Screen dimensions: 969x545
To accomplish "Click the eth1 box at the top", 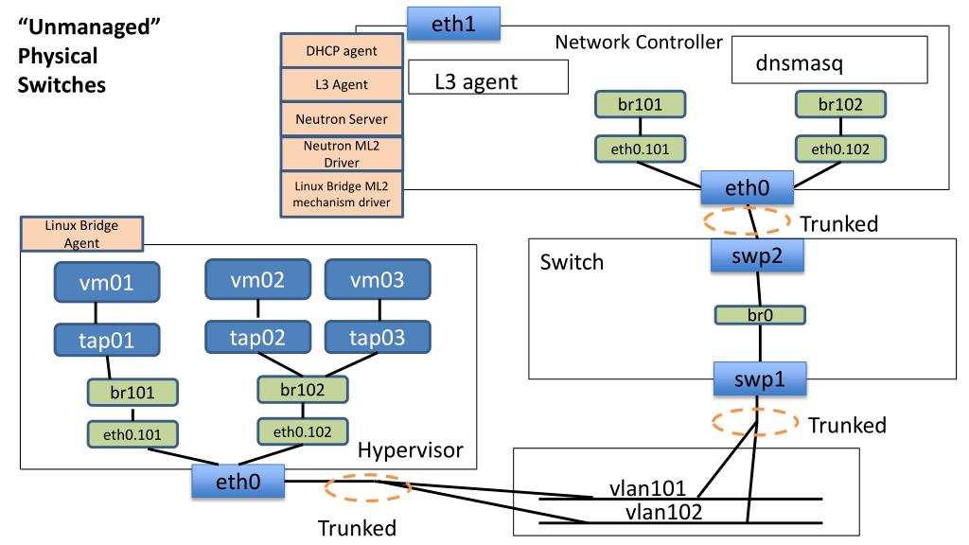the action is click(453, 24).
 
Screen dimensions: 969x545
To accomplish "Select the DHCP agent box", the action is click(342, 51).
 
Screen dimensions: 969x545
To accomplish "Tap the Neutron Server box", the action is click(342, 118).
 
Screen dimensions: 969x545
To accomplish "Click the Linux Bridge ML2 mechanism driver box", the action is click(342, 194).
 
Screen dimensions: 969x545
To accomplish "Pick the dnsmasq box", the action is click(829, 60).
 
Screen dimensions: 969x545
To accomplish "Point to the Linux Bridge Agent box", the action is click(81, 234).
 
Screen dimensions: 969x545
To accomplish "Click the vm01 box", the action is click(106, 282).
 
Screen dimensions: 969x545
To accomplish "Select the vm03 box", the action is click(377, 280).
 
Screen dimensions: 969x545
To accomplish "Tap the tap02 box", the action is click(257, 338).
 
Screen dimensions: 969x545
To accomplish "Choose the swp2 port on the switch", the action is click(757, 255).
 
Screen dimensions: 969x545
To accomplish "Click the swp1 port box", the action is click(760, 378).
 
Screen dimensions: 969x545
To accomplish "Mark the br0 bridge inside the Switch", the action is click(760, 315).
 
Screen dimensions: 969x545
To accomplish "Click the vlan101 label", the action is click(647, 488).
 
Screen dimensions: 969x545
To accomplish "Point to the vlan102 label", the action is click(663, 512).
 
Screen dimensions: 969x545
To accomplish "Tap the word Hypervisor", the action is click(411, 449).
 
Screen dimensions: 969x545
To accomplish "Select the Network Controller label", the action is click(639, 42).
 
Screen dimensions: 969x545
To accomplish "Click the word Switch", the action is click(572, 262).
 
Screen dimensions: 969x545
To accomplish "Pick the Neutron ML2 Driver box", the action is click(342, 154).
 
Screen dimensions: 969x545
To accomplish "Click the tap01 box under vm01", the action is click(106, 340).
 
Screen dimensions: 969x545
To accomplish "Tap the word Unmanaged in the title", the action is click(90, 27).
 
